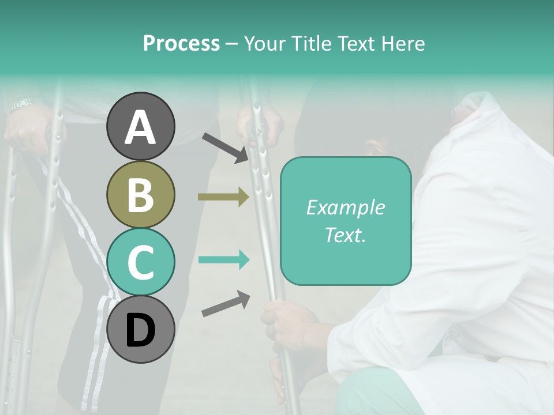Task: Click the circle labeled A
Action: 140,126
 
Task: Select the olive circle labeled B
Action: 140,194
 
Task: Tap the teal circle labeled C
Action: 140,262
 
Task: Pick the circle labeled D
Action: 140,330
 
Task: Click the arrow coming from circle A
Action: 226,148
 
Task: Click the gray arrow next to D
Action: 226,304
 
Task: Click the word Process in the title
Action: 181,43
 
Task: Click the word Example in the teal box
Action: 345,207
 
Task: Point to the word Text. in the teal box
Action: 345,235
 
